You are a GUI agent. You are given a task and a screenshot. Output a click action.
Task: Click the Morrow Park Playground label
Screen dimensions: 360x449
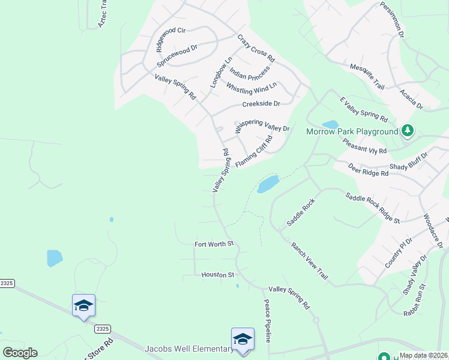(x=352, y=131)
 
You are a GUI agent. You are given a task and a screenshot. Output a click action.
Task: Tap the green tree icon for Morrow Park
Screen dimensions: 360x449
(x=408, y=130)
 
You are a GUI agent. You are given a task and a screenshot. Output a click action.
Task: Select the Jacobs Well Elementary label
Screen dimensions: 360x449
(x=188, y=349)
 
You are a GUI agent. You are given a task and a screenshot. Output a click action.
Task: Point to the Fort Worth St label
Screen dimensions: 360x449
(x=214, y=244)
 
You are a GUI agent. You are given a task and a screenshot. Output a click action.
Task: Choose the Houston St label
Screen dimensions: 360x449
(x=217, y=275)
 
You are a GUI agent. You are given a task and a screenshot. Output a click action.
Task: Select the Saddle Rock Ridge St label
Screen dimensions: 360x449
(x=372, y=208)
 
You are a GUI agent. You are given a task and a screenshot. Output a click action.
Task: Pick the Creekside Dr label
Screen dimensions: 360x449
(x=261, y=104)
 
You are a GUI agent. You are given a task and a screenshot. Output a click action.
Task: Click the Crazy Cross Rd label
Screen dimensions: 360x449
(x=256, y=49)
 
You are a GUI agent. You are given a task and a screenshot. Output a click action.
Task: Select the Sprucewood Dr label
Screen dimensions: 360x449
(x=177, y=56)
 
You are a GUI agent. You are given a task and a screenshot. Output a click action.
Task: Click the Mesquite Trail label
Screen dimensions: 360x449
(x=366, y=76)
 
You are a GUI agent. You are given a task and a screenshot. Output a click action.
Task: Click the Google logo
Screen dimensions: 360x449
(x=20, y=353)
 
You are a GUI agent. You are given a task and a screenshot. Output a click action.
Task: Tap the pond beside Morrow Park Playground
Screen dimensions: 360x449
(x=330, y=124)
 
